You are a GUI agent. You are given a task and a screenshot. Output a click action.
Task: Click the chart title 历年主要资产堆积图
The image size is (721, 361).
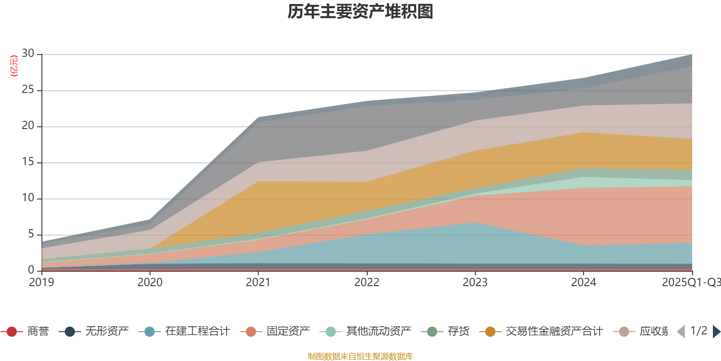360,12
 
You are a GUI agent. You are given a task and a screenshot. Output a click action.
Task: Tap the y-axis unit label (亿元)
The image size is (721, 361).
14,66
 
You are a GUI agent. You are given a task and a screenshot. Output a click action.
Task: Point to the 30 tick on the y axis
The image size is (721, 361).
28,54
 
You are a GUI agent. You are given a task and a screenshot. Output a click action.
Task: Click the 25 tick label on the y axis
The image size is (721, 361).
28,90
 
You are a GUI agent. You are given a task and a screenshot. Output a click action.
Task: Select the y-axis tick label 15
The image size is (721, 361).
28,162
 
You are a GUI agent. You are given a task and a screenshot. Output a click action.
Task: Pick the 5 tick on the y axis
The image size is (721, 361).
31,234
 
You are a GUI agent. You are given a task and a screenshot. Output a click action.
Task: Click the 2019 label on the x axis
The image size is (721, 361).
41,282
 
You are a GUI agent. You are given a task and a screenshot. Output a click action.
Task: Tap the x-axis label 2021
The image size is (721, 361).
258,282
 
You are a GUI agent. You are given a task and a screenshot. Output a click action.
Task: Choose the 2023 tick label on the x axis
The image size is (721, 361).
475,282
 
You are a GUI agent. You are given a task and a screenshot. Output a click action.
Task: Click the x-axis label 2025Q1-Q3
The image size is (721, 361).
691,282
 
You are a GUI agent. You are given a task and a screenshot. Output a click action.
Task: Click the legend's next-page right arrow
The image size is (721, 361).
716,332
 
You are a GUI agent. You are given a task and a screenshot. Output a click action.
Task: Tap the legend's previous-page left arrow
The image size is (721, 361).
681,332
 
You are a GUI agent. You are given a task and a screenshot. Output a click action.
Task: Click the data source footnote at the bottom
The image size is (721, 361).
360,356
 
